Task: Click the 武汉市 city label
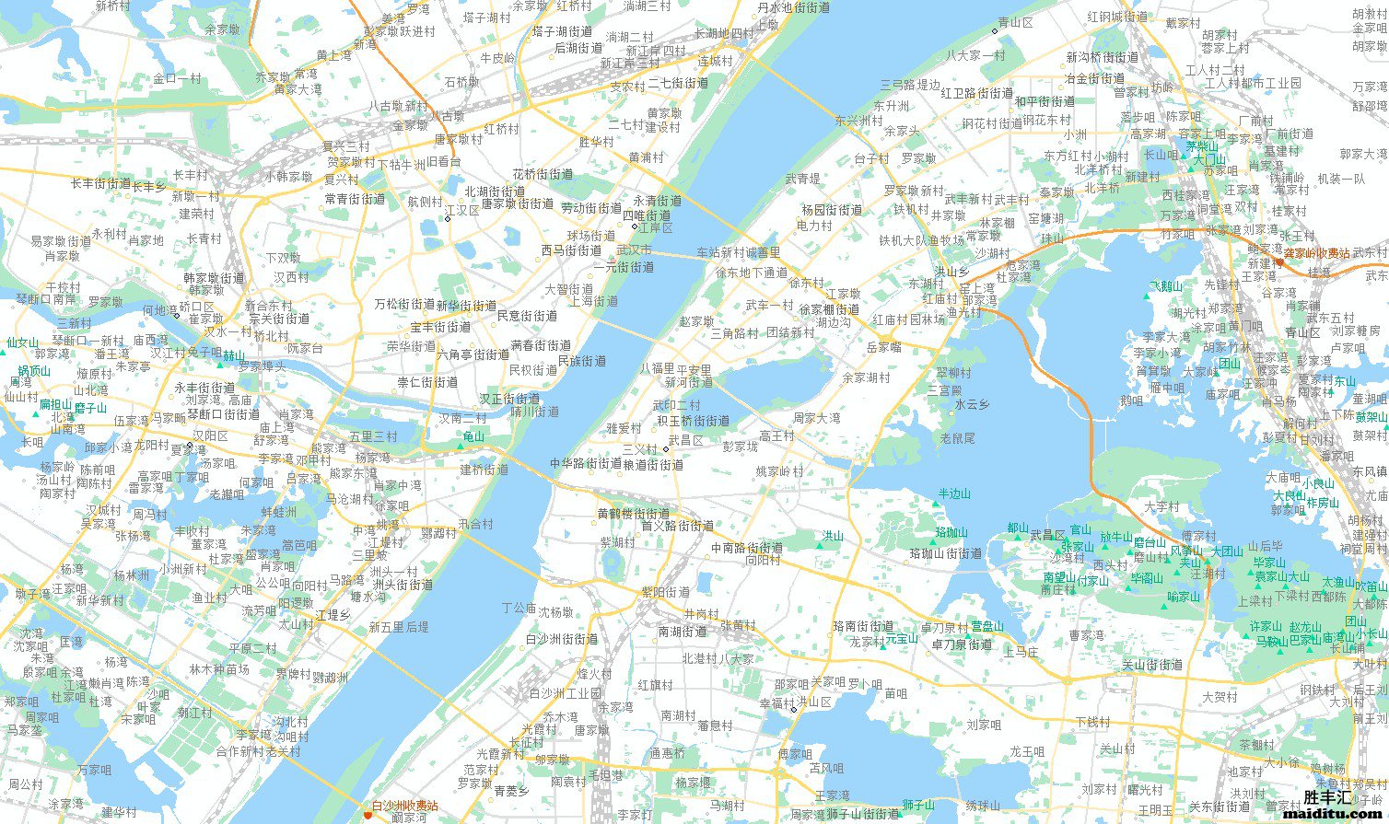pyautogui.click(x=634, y=250)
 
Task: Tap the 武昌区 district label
pyautogui.click(x=686, y=441)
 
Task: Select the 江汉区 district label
pyautogui.click(x=461, y=211)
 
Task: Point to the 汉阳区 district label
pyautogui.click(x=210, y=435)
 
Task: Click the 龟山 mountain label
pyautogui.click(x=473, y=436)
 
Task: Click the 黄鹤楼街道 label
pyautogui.click(x=634, y=514)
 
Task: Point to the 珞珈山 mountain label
pyautogui.click(x=951, y=532)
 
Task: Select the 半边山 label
pyautogui.click(x=954, y=494)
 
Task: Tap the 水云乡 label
pyautogui.click(x=972, y=404)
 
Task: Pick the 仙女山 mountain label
pyautogui.click(x=22, y=342)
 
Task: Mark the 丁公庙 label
pyautogui.click(x=519, y=609)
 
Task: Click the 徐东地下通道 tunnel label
pyautogui.click(x=752, y=273)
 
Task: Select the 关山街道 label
pyautogui.click(x=1152, y=665)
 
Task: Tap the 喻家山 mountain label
pyautogui.click(x=1184, y=597)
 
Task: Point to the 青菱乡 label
pyautogui.click(x=511, y=791)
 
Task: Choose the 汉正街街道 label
pyautogui.click(x=509, y=399)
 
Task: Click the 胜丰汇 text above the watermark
pyautogui.click(x=1327, y=797)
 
